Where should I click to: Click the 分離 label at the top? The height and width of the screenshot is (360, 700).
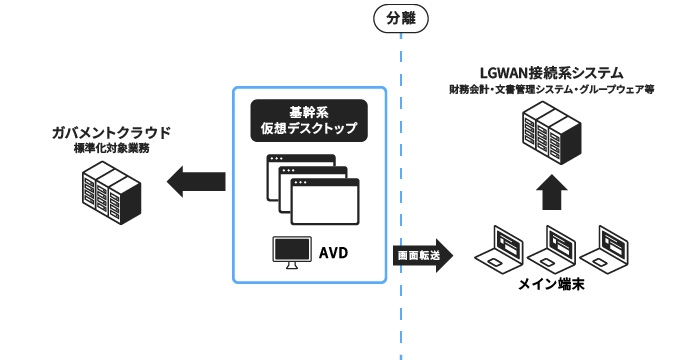click(400, 17)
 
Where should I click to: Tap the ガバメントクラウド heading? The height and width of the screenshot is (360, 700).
click(111, 132)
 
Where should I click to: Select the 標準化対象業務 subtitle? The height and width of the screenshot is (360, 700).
click(111, 148)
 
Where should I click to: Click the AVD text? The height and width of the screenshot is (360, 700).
click(334, 250)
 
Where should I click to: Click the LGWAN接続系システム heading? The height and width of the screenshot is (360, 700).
click(552, 73)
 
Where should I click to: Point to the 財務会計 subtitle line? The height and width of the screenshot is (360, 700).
click(552, 90)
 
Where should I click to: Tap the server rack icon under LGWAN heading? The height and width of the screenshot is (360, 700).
click(552, 131)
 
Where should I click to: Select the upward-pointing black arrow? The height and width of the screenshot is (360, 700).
click(552, 191)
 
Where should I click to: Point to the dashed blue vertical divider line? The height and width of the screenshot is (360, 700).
click(400, 200)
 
